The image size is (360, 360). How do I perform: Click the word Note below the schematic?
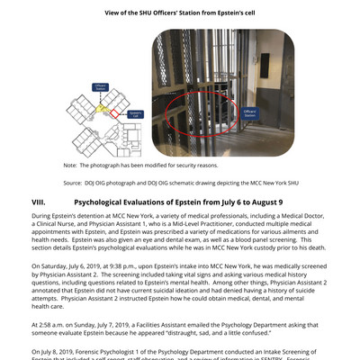(70, 166)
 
